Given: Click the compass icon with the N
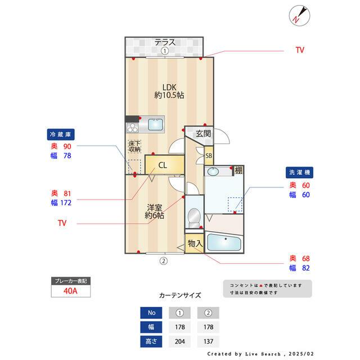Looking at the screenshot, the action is [x=299, y=16].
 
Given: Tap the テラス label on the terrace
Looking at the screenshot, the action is [x=165, y=42].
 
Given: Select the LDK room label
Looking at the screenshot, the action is [x=169, y=87].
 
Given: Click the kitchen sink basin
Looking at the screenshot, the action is [x=155, y=124].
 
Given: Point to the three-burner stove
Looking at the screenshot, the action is [x=132, y=128].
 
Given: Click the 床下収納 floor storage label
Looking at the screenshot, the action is [x=134, y=146].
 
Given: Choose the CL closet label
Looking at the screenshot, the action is [x=163, y=165].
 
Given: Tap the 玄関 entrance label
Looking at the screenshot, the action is [x=203, y=133].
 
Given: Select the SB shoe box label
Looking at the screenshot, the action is [x=209, y=156].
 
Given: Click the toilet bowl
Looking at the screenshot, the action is [x=194, y=218].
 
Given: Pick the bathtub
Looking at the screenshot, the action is [x=224, y=242].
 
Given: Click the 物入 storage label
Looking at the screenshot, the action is [x=195, y=244].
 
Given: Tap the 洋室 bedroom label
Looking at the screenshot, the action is [x=154, y=208].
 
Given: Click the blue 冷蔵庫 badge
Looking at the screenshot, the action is [x=61, y=134].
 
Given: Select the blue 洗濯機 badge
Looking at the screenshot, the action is [x=299, y=173].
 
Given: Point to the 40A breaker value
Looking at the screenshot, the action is [x=70, y=291].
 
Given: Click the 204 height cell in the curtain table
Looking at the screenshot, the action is [x=180, y=341].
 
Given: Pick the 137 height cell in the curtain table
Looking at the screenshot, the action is [x=208, y=341].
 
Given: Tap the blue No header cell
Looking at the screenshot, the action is [x=151, y=313].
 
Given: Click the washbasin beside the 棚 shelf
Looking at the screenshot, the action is [x=214, y=171].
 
